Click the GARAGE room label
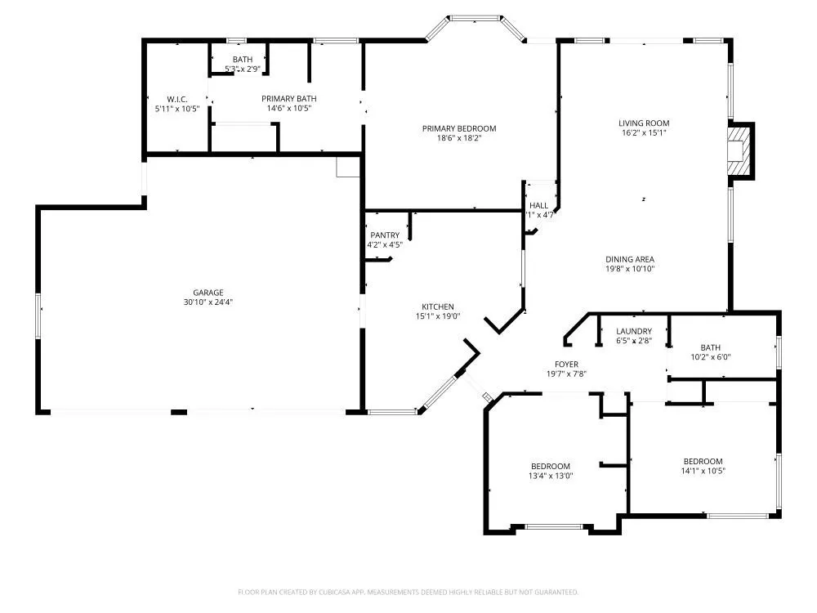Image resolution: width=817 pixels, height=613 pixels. click(x=208, y=293)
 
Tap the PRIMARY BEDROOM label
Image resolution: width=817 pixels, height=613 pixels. click(x=458, y=128)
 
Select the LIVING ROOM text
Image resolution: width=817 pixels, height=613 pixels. click(x=643, y=123)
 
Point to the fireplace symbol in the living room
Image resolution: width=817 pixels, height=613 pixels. click(x=739, y=150)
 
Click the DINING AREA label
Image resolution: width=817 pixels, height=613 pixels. click(x=630, y=260)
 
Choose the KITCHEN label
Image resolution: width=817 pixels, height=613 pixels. click(x=438, y=307)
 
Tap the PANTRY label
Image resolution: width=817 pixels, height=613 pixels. click(x=384, y=235)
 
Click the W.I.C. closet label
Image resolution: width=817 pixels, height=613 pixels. click(x=176, y=99)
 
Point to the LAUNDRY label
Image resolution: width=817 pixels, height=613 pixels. click(x=634, y=331)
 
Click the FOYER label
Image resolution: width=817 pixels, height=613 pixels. click(x=566, y=365)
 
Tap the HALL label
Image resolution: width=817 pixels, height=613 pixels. click(x=539, y=206)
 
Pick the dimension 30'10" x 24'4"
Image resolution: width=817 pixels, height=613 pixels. click(x=208, y=302)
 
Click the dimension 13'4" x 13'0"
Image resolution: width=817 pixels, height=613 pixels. click(x=550, y=476)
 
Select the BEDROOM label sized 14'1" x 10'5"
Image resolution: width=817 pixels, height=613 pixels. click(x=703, y=461)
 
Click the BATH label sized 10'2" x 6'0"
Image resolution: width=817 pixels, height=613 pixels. click(x=710, y=347)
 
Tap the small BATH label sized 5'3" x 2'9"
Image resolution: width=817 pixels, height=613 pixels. click(x=242, y=60)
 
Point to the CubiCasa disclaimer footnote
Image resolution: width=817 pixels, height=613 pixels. click(x=408, y=592)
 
